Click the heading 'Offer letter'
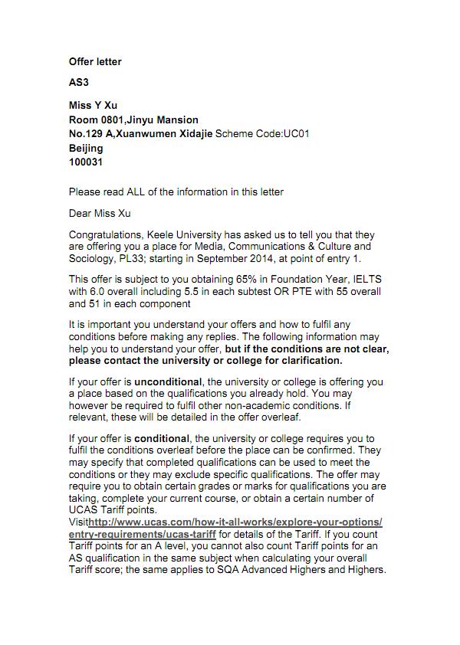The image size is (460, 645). (x=95, y=61)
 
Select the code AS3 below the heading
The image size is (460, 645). (x=78, y=83)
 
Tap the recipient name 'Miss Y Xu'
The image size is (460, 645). (x=94, y=105)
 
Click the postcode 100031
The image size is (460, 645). (x=86, y=162)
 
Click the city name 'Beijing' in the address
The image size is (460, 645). (x=86, y=148)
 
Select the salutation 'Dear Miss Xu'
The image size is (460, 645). (x=100, y=213)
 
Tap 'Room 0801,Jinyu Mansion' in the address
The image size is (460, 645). (x=133, y=120)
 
